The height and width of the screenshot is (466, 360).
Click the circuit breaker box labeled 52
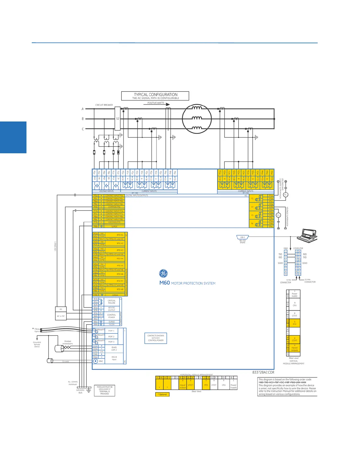tap(118, 119)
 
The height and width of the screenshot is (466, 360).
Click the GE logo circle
tap(163, 274)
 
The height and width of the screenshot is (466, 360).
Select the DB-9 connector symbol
tap(243, 237)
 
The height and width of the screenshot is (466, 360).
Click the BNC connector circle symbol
tap(96, 361)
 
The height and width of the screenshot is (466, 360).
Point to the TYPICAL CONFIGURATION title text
tap(156, 94)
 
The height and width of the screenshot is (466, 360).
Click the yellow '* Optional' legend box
tap(162, 394)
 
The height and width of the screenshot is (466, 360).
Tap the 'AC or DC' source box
tap(61, 316)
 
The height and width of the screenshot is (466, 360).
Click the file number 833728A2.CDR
tap(263, 372)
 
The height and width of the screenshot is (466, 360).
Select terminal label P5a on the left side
tap(96, 196)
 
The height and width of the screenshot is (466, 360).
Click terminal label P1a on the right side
tap(271, 196)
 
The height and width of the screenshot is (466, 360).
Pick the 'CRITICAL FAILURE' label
tap(111, 302)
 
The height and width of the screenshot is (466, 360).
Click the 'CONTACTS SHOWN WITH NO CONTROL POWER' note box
tap(156, 338)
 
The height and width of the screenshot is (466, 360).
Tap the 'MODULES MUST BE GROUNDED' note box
tap(104, 390)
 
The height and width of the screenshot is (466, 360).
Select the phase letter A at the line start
tap(83, 109)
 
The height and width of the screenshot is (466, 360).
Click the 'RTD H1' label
tap(120, 235)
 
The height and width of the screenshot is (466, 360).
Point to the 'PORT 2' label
tap(111, 337)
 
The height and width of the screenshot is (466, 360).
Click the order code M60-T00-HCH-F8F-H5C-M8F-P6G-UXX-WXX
tap(282, 382)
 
